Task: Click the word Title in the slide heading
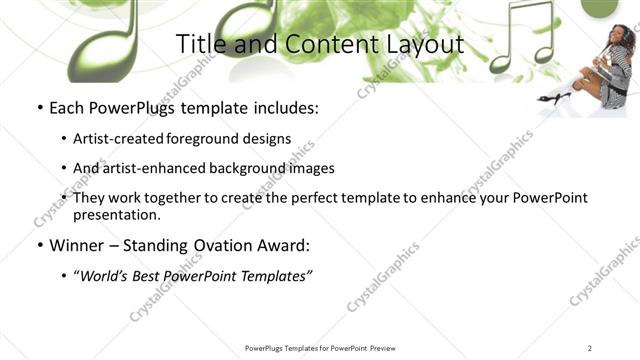[199, 44]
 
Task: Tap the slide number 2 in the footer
[590, 348]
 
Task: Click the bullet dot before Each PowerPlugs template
[39, 107]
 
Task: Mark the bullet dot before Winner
[39, 245]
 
